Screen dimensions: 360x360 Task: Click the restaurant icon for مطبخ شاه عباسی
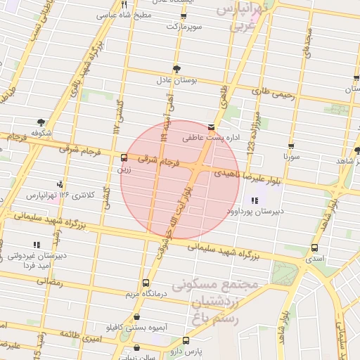pyautogui.click(x=124, y=4)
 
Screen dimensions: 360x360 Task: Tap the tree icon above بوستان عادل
pyautogui.click(x=176, y=69)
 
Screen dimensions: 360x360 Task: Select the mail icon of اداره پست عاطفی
pyautogui.click(x=211, y=128)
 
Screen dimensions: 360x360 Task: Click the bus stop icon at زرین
pyautogui.click(x=124, y=157)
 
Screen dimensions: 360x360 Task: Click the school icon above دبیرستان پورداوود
pyautogui.click(x=253, y=201)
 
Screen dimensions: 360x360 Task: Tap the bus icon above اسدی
pyautogui.click(x=314, y=247)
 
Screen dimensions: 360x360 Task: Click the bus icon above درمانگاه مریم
pyautogui.click(x=146, y=283)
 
